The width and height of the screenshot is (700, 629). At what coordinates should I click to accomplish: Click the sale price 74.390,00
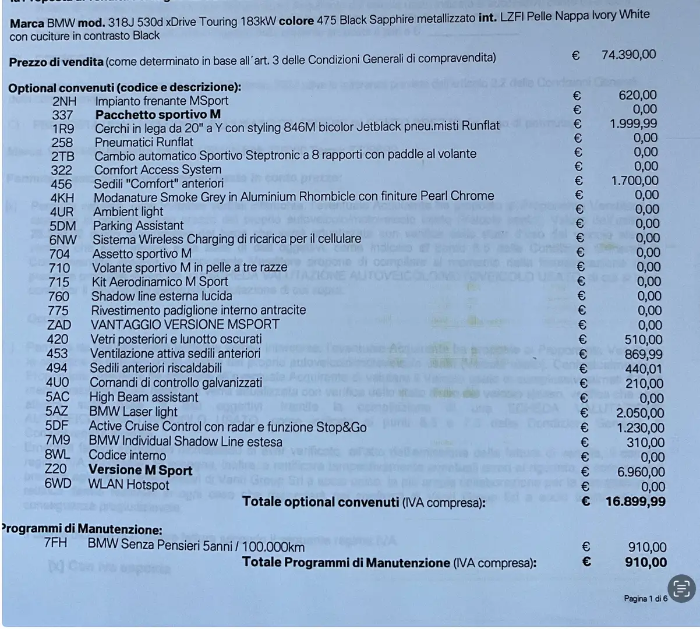(x=628, y=55)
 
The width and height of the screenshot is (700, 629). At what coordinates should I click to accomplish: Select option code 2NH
(x=64, y=101)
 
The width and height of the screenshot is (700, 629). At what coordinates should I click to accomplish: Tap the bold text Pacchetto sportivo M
(x=158, y=115)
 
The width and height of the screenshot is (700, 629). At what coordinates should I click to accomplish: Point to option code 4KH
(x=62, y=198)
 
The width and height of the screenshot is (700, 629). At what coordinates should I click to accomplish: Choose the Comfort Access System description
(x=158, y=170)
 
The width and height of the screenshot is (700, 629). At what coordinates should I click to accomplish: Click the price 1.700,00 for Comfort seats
(x=635, y=181)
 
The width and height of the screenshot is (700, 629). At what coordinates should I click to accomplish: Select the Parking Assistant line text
(x=138, y=226)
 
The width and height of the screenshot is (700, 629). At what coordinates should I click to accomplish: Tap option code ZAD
(x=59, y=325)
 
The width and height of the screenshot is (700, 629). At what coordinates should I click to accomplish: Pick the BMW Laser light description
(x=133, y=412)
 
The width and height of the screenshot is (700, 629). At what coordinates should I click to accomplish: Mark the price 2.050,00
(x=640, y=413)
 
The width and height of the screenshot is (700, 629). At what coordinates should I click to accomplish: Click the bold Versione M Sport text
(x=140, y=470)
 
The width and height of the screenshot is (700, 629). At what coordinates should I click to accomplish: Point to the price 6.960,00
(x=641, y=472)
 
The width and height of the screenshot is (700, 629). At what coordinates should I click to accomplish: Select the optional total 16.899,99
(x=635, y=501)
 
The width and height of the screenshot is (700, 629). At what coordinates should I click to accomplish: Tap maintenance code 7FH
(x=55, y=543)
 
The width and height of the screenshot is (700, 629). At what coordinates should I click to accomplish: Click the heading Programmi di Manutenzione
(x=82, y=529)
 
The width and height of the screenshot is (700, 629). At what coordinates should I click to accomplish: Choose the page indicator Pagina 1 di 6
(x=645, y=599)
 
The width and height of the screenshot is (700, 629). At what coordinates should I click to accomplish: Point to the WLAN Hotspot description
(x=128, y=485)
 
